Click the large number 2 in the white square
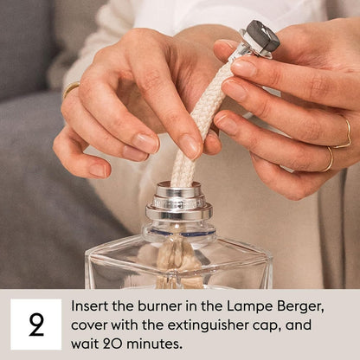tap(35, 325)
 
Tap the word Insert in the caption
tap(91, 307)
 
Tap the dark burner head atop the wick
tap(260, 36)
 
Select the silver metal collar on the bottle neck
tap(178, 202)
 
